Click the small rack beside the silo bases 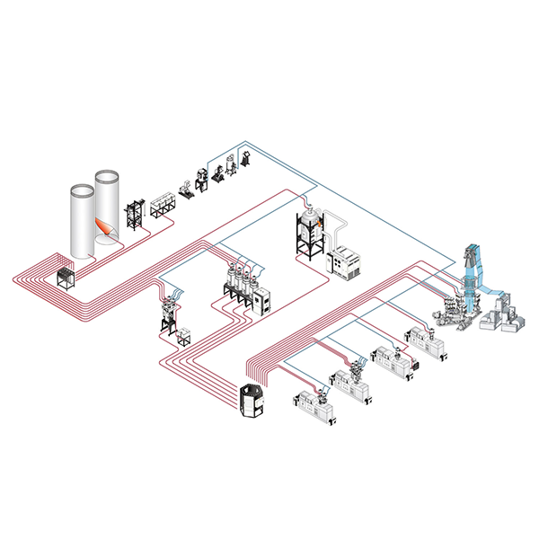tap(67, 277)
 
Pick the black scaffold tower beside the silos tap(136, 215)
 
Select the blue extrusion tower tap(471, 278)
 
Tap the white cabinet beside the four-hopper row tap(261, 300)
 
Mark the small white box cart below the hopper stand tap(186, 336)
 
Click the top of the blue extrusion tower tap(471, 248)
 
